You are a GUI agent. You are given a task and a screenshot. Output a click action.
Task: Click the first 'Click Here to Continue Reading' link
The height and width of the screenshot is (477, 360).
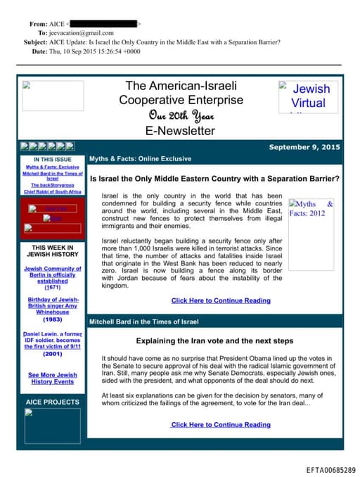point(220,300)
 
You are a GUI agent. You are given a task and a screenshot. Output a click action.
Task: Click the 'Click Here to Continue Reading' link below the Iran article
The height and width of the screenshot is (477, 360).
point(220,424)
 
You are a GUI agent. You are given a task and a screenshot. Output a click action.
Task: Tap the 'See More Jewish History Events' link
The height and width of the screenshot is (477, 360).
point(53,378)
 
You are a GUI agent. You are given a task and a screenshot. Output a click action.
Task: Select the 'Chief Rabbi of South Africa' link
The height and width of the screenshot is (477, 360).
point(53,191)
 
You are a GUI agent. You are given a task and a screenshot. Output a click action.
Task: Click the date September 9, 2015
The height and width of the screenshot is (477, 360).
point(304,147)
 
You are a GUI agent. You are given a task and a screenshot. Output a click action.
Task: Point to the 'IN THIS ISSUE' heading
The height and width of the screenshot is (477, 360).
point(52,159)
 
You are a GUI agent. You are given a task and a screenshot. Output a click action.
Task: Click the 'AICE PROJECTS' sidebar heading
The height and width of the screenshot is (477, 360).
point(53,402)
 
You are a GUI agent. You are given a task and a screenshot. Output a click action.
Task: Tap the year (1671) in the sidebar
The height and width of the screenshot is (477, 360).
point(52,288)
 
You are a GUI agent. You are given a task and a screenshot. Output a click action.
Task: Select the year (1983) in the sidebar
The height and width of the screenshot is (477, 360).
point(52,319)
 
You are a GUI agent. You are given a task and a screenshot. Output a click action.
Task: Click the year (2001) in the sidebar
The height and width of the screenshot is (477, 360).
point(52,354)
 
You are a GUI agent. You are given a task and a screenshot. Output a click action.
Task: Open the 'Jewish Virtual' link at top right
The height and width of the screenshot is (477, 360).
point(309,96)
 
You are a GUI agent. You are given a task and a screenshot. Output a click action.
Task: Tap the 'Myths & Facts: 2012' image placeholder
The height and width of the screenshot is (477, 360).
point(310,208)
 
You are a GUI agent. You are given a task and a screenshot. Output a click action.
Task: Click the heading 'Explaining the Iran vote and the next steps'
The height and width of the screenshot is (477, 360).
point(214,341)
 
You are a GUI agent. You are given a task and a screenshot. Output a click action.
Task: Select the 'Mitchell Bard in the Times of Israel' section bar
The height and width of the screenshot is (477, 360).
point(144,322)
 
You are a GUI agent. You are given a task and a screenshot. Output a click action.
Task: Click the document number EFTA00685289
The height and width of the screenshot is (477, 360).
point(330,469)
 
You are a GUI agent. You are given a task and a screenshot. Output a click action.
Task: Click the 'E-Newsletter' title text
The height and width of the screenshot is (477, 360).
point(181,130)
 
